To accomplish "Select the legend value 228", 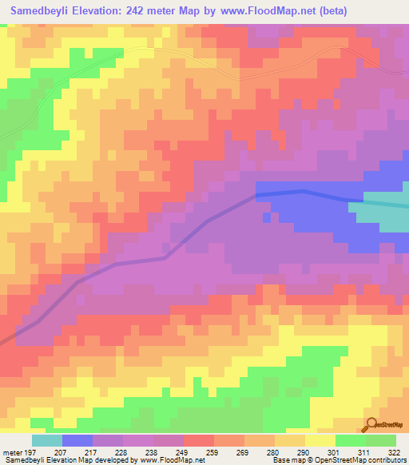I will [x=121, y=453].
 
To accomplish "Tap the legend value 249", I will [x=182, y=453].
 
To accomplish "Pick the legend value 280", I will [x=273, y=453].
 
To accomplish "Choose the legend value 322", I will [x=395, y=453].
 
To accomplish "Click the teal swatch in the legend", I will [x=47, y=440].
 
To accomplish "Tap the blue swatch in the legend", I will [x=77, y=440].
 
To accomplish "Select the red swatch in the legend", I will [x=199, y=440].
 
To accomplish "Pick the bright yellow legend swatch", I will [x=320, y=440].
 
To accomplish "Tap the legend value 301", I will [x=334, y=453].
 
